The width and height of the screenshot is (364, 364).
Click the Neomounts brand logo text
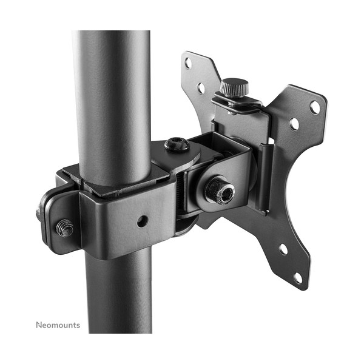click(58, 325)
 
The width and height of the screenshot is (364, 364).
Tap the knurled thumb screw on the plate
click(234, 87)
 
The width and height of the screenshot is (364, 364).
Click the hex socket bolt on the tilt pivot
click(220, 190)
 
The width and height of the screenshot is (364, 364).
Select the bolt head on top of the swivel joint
click(177, 144)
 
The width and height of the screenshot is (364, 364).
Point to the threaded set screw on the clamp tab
click(65, 227)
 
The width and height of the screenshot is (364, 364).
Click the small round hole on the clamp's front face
click(143, 221)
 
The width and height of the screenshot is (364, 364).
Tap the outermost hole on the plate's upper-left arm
click(188, 63)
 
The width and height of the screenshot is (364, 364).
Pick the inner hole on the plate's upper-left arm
click(201, 88)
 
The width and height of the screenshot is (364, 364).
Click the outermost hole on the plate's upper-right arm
click(315, 107)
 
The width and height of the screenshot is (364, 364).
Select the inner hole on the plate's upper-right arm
click(294, 124)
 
